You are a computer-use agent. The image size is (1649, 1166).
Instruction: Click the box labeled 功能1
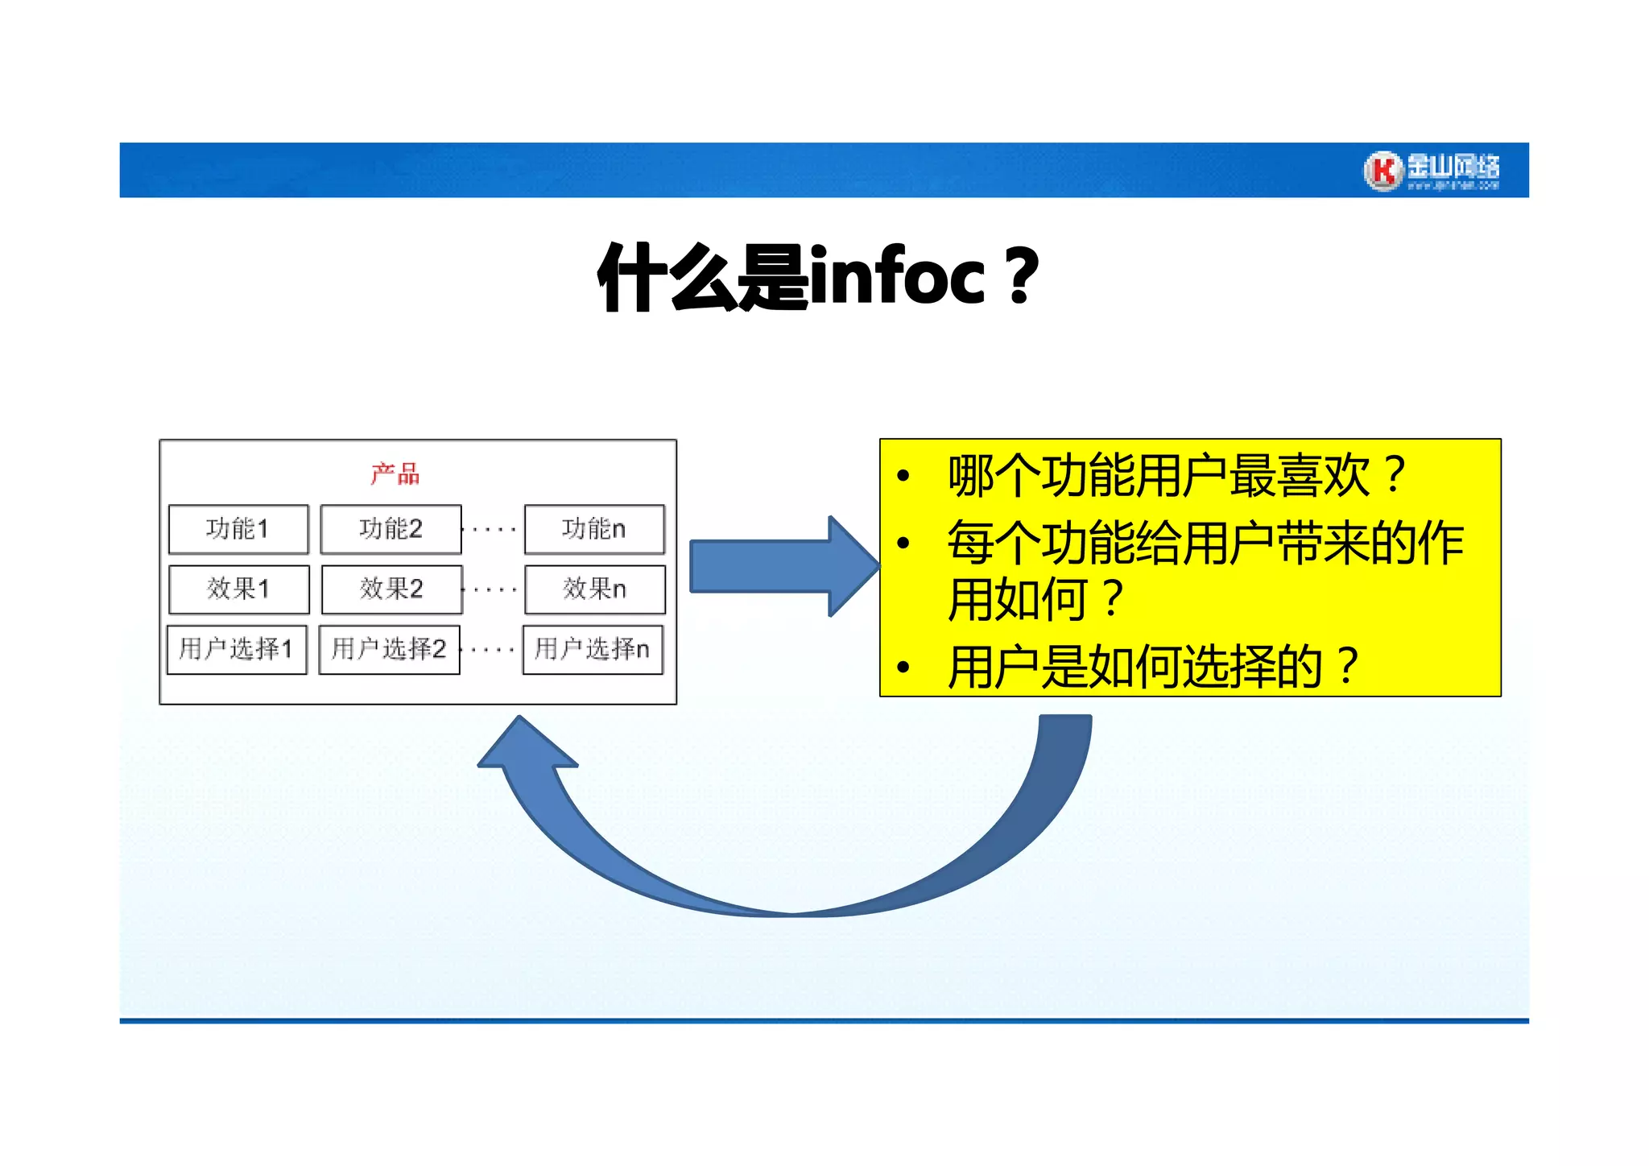(x=238, y=529)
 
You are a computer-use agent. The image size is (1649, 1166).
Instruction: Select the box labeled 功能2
(x=391, y=529)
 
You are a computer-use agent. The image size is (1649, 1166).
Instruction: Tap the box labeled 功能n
(x=594, y=529)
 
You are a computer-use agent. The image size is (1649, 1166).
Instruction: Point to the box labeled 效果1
(x=238, y=589)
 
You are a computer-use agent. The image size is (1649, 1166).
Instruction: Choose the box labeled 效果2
(x=391, y=589)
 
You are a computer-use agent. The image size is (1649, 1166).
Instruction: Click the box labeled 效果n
(x=595, y=589)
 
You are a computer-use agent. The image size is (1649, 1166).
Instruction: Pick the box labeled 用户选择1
(x=237, y=649)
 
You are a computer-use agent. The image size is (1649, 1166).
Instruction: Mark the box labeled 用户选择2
(x=389, y=649)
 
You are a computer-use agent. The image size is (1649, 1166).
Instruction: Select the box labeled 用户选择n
(x=593, y=649)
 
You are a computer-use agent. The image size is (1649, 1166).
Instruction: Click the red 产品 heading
(x=395, y=473)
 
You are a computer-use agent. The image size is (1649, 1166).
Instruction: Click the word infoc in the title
(x=897, y=278)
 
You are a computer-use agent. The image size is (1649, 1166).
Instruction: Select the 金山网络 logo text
(x=1454, y=167)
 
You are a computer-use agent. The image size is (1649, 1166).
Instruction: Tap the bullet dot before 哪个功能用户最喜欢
(x=903, y=476)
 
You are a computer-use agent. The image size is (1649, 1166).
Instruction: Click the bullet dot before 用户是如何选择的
(x=903, y=668)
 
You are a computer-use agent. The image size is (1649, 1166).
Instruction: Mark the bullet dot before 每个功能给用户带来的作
(x=903, y=544)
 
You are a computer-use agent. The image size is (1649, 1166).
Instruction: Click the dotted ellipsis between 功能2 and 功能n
(x=493, y=530)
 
